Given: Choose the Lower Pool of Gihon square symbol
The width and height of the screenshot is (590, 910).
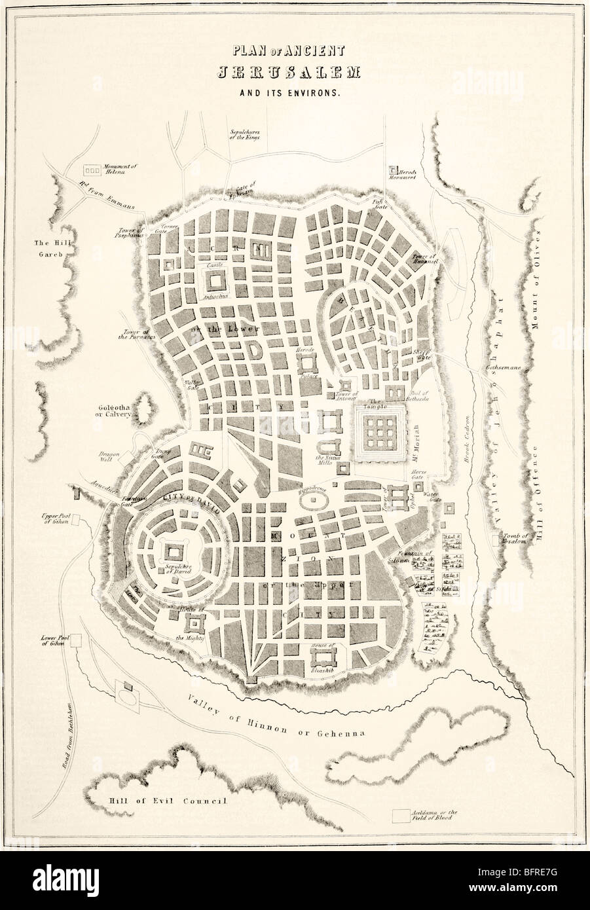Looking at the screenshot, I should coord(77,640).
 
